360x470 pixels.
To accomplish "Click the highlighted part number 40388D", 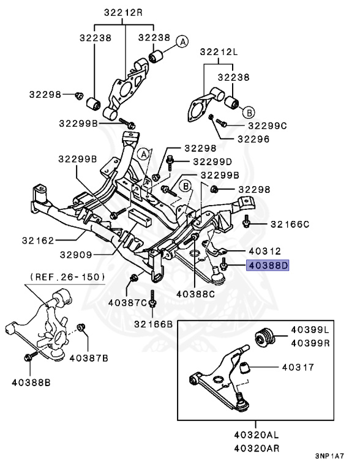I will point(267,266).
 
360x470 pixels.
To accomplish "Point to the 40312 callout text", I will point(264,250).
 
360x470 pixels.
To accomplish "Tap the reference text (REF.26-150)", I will point(66,277).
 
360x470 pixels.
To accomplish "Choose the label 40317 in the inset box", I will point(298,368).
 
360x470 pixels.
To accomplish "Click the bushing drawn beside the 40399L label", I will point(265,337).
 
